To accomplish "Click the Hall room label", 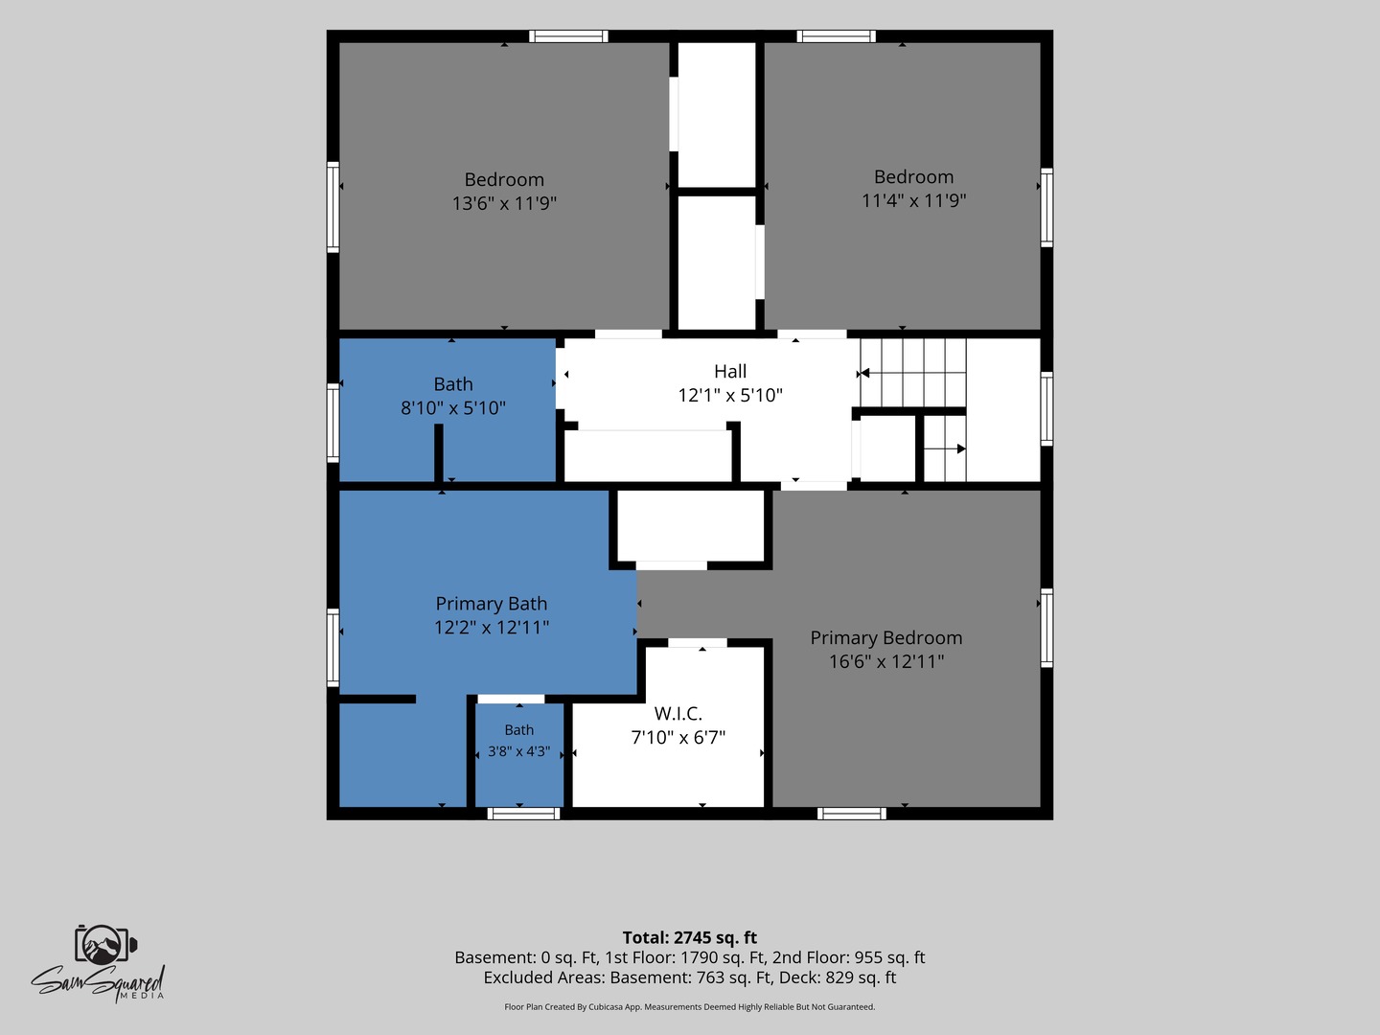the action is click(x=730, y=372).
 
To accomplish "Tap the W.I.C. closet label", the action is click(x=678, y=713).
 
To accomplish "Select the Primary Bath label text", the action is click(x=492, y=604).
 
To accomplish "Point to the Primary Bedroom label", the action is click(x=886, y=638).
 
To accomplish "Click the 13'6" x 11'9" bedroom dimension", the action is click(x=504, y=203).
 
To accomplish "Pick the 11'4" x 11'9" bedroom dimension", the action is click(x=913, y=200).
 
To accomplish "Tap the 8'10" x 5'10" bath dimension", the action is click(x=453, y=408).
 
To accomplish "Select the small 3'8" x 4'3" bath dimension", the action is click(x=519, y=751).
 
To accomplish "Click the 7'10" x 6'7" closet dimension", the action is click(x=678, y=737).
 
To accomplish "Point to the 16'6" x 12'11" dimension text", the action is click(x=886, y=661).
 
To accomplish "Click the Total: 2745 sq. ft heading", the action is click(x=690, y=937).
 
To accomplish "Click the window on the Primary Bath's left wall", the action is click(x=333, y=647).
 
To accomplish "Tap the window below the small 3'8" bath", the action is click(x=523, y=814).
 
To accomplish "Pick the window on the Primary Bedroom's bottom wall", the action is click(x=852, y=814).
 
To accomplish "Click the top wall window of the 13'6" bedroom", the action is click(x=568, y=36).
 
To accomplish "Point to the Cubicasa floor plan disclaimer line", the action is click(x=690, y=1006).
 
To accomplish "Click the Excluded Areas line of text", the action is click(x=690, y=977).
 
